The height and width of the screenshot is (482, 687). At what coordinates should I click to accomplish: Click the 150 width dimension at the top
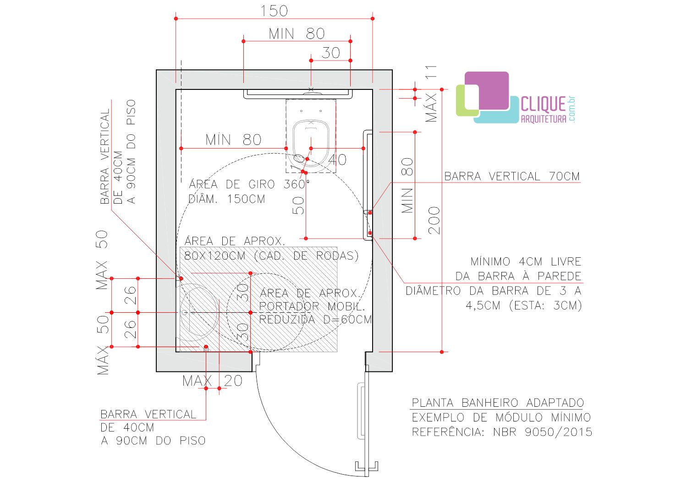(274, 11)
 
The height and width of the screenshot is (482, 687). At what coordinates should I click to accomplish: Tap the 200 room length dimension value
(434, 221)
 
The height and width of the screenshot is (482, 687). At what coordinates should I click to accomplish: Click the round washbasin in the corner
(199, 312)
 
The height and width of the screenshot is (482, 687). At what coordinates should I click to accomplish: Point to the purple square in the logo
(487, 91)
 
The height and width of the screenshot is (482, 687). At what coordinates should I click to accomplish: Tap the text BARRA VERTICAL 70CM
(512, 177)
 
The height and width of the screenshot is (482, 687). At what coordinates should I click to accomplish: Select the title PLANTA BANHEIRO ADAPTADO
(498, 403)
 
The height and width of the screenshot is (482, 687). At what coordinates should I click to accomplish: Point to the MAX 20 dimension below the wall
(212, 381)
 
